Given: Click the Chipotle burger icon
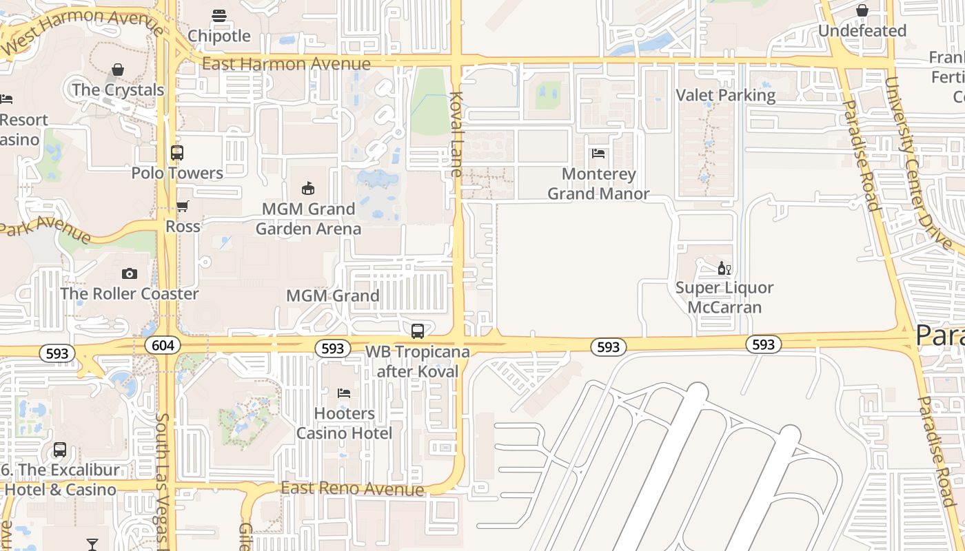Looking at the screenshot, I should coord(219,15).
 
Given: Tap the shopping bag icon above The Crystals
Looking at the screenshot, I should coord(118,70).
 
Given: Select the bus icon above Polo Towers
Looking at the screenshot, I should coord(177,153).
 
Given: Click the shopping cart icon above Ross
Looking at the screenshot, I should coord(183,206).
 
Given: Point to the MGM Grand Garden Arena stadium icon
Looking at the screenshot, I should coord(308,188).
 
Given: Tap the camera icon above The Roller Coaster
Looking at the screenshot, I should coord(129,273).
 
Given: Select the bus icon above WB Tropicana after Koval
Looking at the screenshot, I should coord(417,331).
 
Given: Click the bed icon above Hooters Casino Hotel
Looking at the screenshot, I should coord(344,393).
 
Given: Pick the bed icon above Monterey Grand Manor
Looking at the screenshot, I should coord(598,154).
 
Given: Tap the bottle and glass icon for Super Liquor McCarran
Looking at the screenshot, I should coord(724,268).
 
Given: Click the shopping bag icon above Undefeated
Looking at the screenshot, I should coord(862,10).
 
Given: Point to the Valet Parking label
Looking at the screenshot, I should coord(726,95).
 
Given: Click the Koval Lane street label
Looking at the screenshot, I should coord(456,134).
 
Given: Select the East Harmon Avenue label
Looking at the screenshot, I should coord(286,64).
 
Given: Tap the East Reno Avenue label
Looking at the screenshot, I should coord(352,488).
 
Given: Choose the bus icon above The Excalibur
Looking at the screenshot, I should coord(60,450).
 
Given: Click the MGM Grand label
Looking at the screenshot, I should coord(333,295).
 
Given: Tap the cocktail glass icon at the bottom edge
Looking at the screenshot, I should coord(92,545).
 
